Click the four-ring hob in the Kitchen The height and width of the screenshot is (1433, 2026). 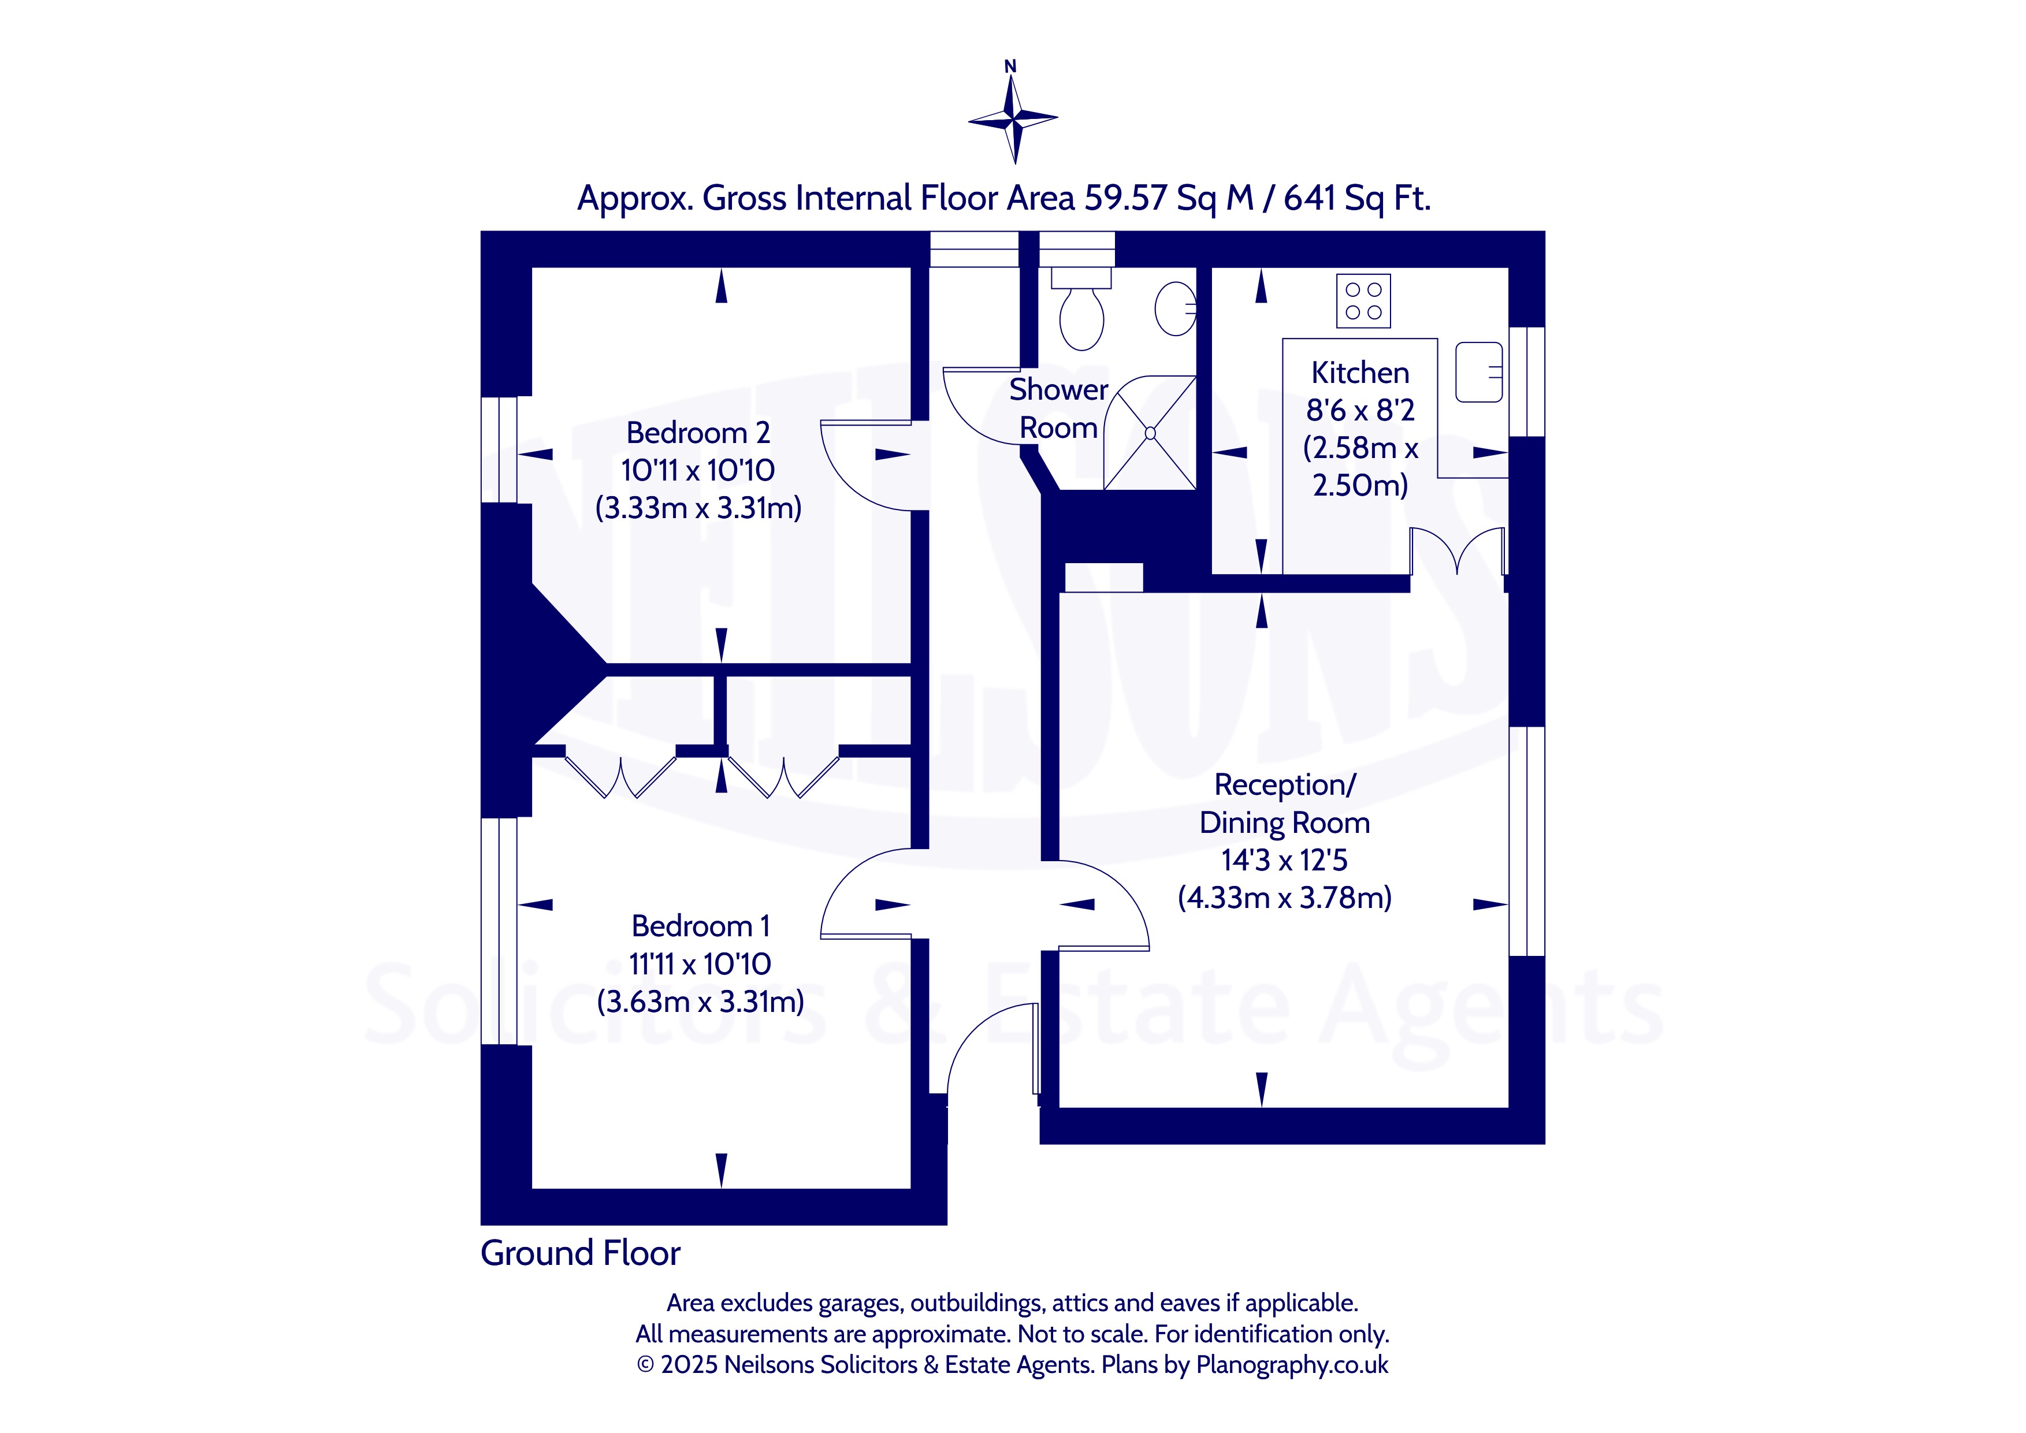point(1363,301)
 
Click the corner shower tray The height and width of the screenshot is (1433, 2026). point(1150,433)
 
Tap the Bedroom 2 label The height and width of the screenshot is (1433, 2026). point(698,433)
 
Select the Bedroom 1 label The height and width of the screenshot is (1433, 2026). point(701,926)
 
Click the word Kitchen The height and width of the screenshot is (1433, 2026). point(1360,373)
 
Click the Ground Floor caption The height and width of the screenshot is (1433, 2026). point(580,1253)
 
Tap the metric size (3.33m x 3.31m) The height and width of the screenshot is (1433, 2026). point(698,507)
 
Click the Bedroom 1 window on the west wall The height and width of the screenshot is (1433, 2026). point(500,932)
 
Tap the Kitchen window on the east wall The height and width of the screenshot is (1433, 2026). point(1526,382)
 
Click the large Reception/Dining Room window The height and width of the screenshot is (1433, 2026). point(1526,841)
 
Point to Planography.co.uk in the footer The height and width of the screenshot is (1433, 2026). point(1292,1365)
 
